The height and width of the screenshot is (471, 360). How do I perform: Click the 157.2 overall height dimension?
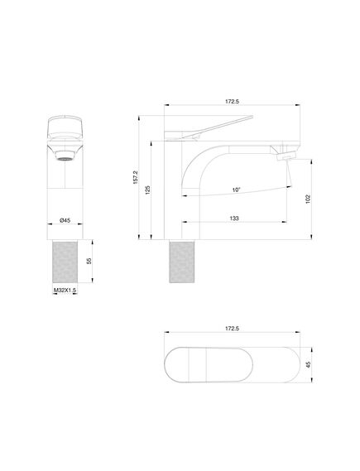point(136,177)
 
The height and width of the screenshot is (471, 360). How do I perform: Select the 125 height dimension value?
point(147,190)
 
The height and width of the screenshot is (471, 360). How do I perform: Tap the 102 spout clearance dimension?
point(308,199)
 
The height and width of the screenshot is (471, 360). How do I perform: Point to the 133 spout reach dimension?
point(234,219)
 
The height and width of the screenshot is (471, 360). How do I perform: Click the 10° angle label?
point(237,190)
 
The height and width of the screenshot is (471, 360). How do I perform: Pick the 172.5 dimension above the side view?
point(232,102)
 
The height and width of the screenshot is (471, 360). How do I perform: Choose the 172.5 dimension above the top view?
point(232,329)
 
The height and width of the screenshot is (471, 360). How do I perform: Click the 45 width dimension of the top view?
point(308,365)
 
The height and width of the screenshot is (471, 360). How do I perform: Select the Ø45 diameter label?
point(65,220)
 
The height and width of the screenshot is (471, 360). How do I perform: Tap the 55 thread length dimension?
point(89,261)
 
